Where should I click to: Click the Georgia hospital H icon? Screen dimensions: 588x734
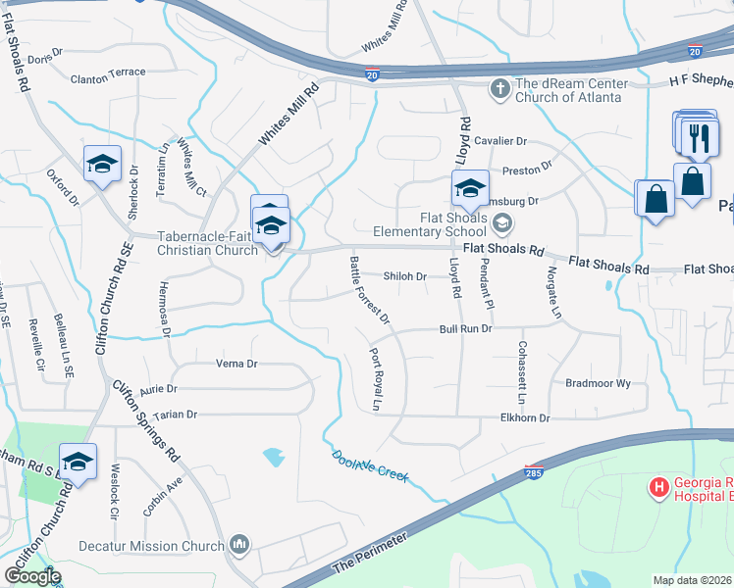coord(658,486)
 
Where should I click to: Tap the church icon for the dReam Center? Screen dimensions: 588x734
coord(500,89)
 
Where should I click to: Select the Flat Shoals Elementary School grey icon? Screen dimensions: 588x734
coord(502,224)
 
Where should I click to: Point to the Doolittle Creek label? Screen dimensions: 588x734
coord(369,465)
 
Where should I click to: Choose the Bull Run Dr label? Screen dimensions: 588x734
coord(465,329)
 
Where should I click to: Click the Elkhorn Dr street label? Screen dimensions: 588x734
coord(525,418)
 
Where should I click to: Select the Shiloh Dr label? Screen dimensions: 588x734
coord(404,276)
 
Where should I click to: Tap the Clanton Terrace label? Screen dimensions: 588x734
coord(108,73)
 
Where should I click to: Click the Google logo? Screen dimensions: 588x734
coord(32,575)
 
